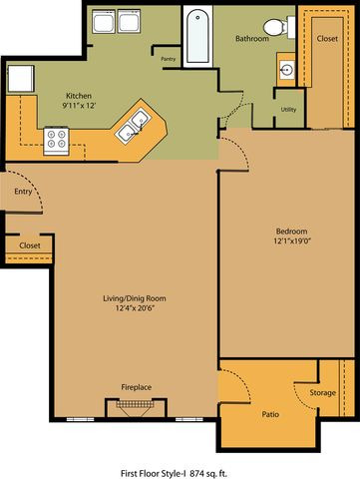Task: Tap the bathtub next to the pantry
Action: pos(197,36)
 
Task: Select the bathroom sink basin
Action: pos(286,70)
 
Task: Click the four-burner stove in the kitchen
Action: pos(56,141)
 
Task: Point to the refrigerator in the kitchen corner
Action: pos(21,79)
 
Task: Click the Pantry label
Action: pos(169,59)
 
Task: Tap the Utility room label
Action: pos(288,110)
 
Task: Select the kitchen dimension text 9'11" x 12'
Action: pos(79,106)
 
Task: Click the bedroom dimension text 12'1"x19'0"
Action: pos(291,240)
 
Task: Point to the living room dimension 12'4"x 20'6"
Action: pos(135,308)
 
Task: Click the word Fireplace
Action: pos(137,387)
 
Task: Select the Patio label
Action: pos(270,414)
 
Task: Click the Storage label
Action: pos(323,393)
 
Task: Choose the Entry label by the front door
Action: pos(23,192)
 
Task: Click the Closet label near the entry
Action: pos(30,245)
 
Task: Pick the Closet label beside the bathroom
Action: pos(327,39)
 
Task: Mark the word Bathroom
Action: pos(252,39)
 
